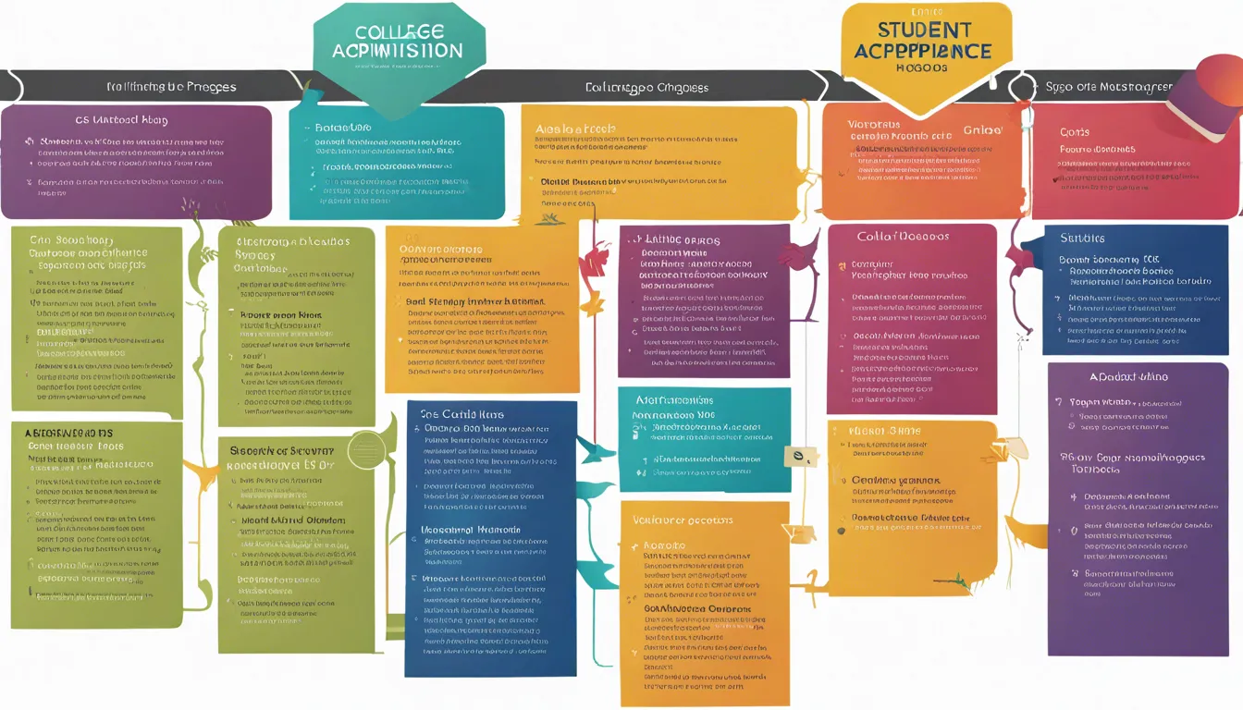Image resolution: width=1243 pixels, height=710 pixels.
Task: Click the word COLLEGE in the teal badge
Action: (399, 31)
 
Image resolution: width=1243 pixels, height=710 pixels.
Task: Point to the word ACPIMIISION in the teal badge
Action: (399, 51)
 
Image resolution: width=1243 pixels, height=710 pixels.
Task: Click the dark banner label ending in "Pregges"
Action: (171, 87)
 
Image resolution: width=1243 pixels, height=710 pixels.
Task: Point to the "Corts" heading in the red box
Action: (1075, 132)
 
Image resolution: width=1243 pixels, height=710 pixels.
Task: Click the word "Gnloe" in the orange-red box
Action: (982, 130)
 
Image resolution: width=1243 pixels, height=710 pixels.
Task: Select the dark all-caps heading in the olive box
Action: (68, 433)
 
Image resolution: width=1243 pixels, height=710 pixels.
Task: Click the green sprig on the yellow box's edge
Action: (952, 581)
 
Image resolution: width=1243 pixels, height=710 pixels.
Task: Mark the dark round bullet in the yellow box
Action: (841, 531)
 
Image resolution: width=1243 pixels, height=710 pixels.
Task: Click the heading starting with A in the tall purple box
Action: (1128, 376)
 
